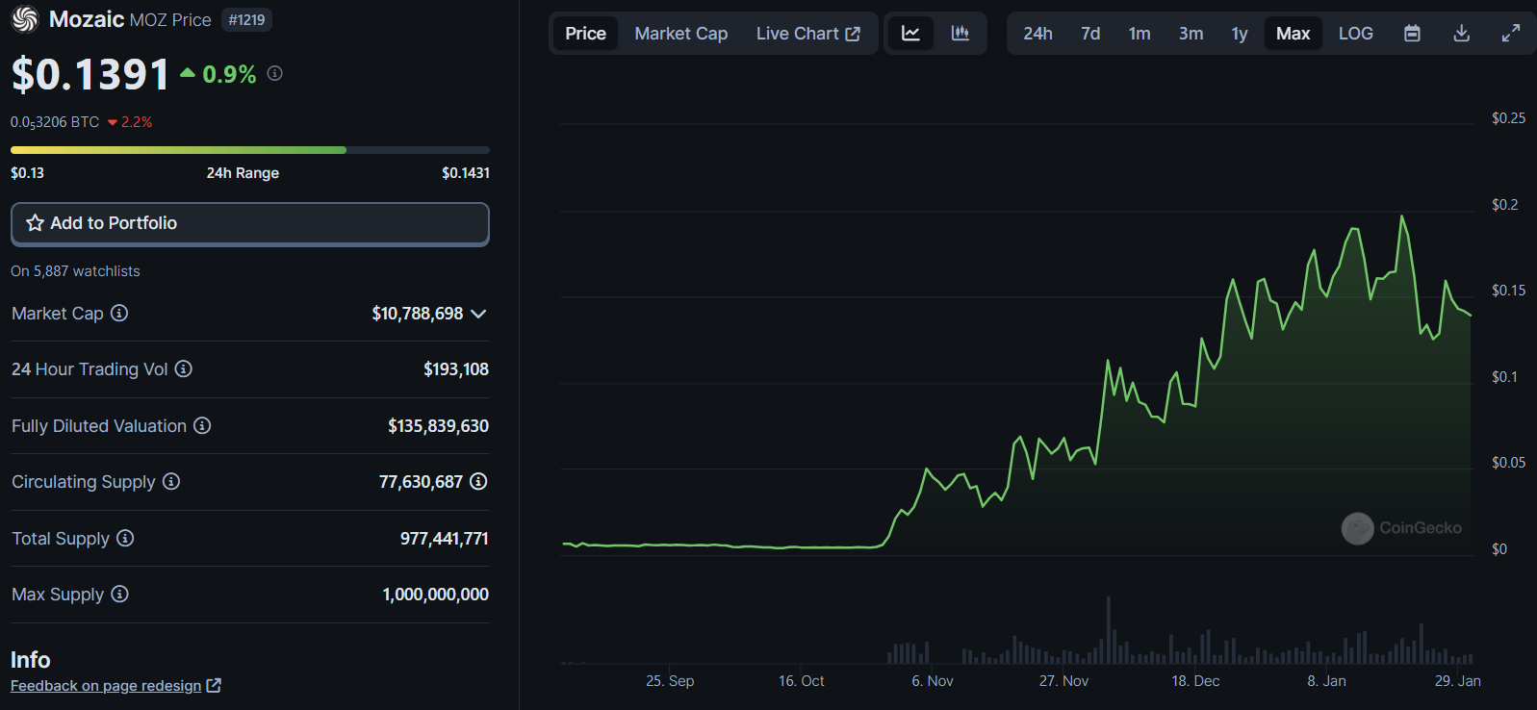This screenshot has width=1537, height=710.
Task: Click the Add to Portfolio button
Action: pyautogui.click(x=249, y=223)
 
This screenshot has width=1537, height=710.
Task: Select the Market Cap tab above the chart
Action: pyautogui.click(x=680, y=34)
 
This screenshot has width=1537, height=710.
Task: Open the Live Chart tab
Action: pyautogui.click(x=807, y=34)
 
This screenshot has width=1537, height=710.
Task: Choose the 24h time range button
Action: pyautogui.click(x=1037, y=34)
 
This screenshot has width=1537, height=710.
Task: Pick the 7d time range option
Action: pyautogui.click(x=1090, y=34)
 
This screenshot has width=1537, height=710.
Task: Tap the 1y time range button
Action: pyautogui.click(x=1240, y=34)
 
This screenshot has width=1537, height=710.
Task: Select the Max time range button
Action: pyautogui.click(x=1293, y=34)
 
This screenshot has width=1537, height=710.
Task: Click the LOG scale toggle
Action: pyautogui.click(x=1355, y=34)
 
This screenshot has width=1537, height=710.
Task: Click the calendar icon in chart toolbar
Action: pyautogui.click(x=1412, y=34)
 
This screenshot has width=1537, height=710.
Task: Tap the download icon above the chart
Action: pyautogui.click(x=1461, y=34)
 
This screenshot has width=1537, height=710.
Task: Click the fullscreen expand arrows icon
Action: pyautogui.click(x=1511, y=34)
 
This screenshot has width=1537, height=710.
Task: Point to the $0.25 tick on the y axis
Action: pyautogui.click(x=1508, y=118)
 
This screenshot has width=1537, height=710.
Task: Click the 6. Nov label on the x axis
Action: pyautogui.click(x=933, y=681)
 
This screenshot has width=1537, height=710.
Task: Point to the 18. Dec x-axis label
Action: pyautogui.click(x=1195, y=681)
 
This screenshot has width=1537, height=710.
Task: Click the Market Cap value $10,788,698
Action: pyautogui.click(x=417, y=314)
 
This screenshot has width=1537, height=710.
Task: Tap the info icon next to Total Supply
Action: pyautogui.click(x=125, y=538)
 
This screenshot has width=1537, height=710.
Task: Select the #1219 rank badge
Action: pyautogui.click(x=246, y=20)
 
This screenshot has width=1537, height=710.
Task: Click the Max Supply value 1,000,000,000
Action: pyautogui.click(x=435, y=595)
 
